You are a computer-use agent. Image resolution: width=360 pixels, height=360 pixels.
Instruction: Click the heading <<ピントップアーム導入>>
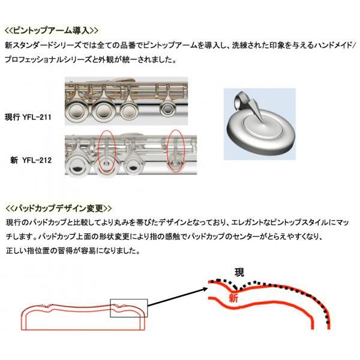click(x=51, y=30)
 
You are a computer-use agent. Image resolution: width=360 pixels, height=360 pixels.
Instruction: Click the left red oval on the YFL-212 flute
click(x=106, y=152)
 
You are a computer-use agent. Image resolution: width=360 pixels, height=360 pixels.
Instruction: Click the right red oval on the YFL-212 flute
click(x=175, y=151)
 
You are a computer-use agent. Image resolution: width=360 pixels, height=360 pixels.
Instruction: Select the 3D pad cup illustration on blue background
click(x=259, y=124)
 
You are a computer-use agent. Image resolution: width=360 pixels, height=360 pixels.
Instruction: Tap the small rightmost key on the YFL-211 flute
click(x=164, y=110)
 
